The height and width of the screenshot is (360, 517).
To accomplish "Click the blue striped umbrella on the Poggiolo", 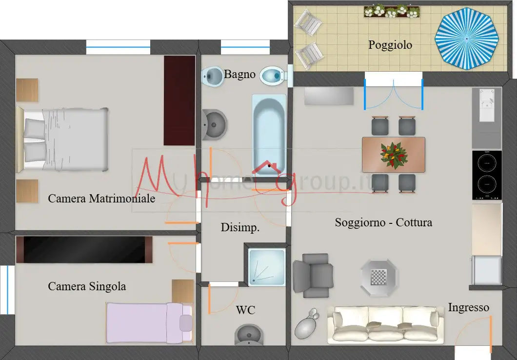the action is [x=467, y=39].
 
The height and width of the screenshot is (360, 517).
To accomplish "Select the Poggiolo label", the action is [x=390, y=45].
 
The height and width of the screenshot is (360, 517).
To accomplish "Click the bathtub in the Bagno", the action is [x=269, y=134].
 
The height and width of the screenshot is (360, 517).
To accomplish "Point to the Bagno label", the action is [x=239, y=74].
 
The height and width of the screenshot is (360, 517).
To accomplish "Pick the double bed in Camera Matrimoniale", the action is [x=62, y=140].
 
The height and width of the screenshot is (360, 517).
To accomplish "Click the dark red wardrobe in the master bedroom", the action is [x=179, y=100].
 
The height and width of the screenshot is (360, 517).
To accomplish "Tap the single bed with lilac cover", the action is [x=149, y=323].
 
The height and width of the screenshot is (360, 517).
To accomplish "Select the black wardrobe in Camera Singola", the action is [x=84, y=250].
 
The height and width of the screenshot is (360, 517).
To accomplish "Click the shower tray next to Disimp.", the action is [x=266, y=267].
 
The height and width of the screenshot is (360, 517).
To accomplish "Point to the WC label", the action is [x=245, y=310].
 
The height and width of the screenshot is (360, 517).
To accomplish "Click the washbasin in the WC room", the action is [x=249, y=335].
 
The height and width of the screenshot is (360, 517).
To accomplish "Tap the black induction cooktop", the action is [x=487, y=175].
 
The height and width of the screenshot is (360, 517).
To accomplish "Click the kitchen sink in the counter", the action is [x=487, y=105].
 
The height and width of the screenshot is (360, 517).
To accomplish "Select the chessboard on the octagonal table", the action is [x=378, y=278].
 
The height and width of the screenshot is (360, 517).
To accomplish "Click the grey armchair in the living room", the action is [x=313, y=275].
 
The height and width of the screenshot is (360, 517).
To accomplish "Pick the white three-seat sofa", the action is [x=385, y=324].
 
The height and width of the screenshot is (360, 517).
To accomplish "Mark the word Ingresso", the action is [x=468, y=308].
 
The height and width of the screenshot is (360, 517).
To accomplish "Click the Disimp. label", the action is [x=240, y=227].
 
